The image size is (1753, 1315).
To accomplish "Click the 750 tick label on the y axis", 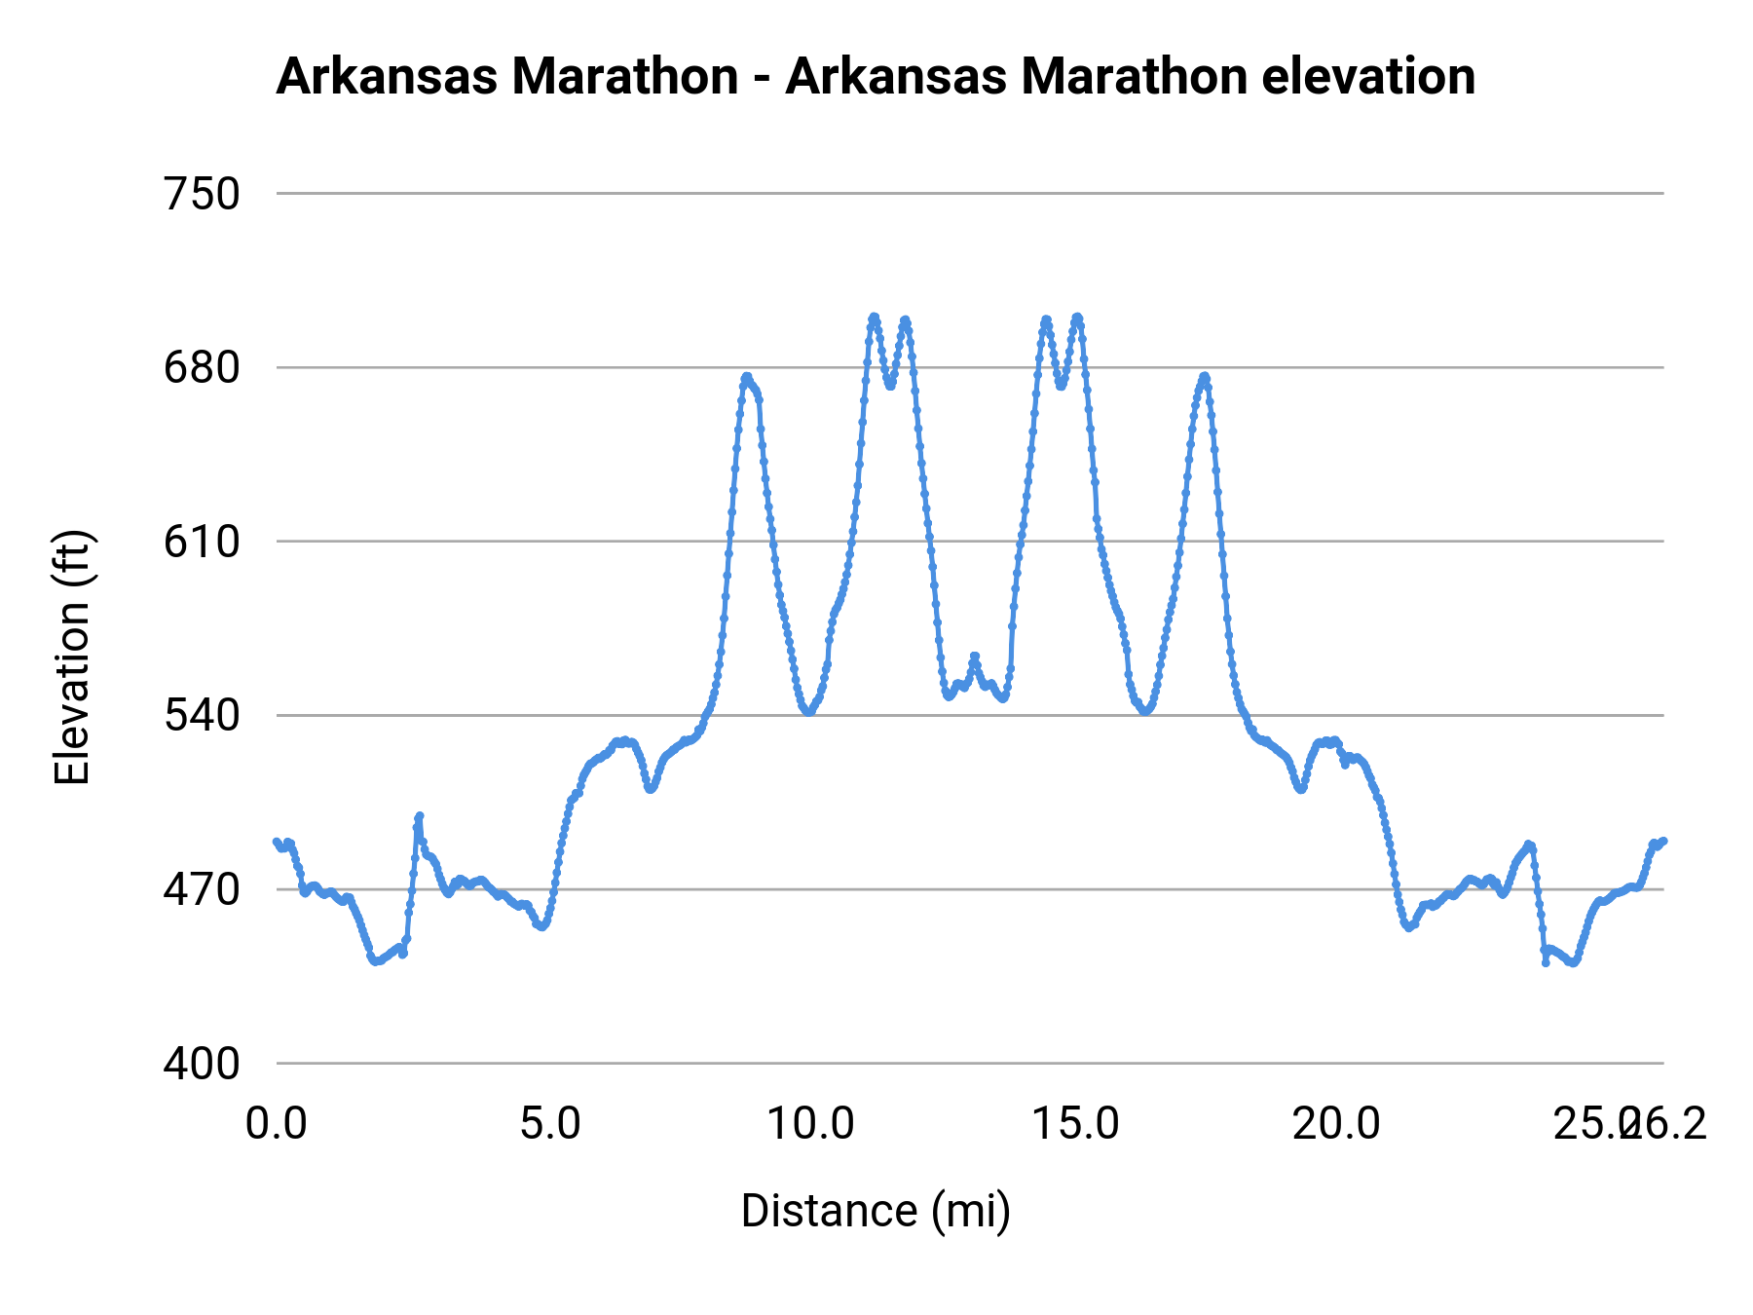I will tap(202, 195).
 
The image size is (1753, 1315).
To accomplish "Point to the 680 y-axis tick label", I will tap(202, 368).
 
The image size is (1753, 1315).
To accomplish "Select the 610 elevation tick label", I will tap(202, 543).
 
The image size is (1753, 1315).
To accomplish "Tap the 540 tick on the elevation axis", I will tap(202, 716).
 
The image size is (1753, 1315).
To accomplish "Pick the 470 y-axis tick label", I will tap(202, 890).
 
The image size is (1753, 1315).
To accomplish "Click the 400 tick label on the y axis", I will tap(202, 1064).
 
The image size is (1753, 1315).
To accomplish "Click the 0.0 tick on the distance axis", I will tap(277, 1124).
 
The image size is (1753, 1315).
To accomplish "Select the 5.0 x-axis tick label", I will tap(550, 1124).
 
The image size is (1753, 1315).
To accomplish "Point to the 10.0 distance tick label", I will tap(810, 1124).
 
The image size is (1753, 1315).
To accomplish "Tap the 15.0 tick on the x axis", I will tap(1075, 1124).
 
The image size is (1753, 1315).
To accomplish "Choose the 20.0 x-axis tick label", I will tap(1336, 1124).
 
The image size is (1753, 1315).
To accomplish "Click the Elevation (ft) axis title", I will tap(72, 657).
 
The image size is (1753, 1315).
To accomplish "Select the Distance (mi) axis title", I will tap(876, 1212).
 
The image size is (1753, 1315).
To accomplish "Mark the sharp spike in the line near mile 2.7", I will tap(419, 816).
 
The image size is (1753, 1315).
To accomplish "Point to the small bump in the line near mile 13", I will tap(974, 657).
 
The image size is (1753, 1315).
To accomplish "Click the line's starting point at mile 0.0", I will tap(277, 841).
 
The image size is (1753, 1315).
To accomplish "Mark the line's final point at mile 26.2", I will tap(1663, 841).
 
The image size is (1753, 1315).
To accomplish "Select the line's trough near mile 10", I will tap(808, 712).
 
